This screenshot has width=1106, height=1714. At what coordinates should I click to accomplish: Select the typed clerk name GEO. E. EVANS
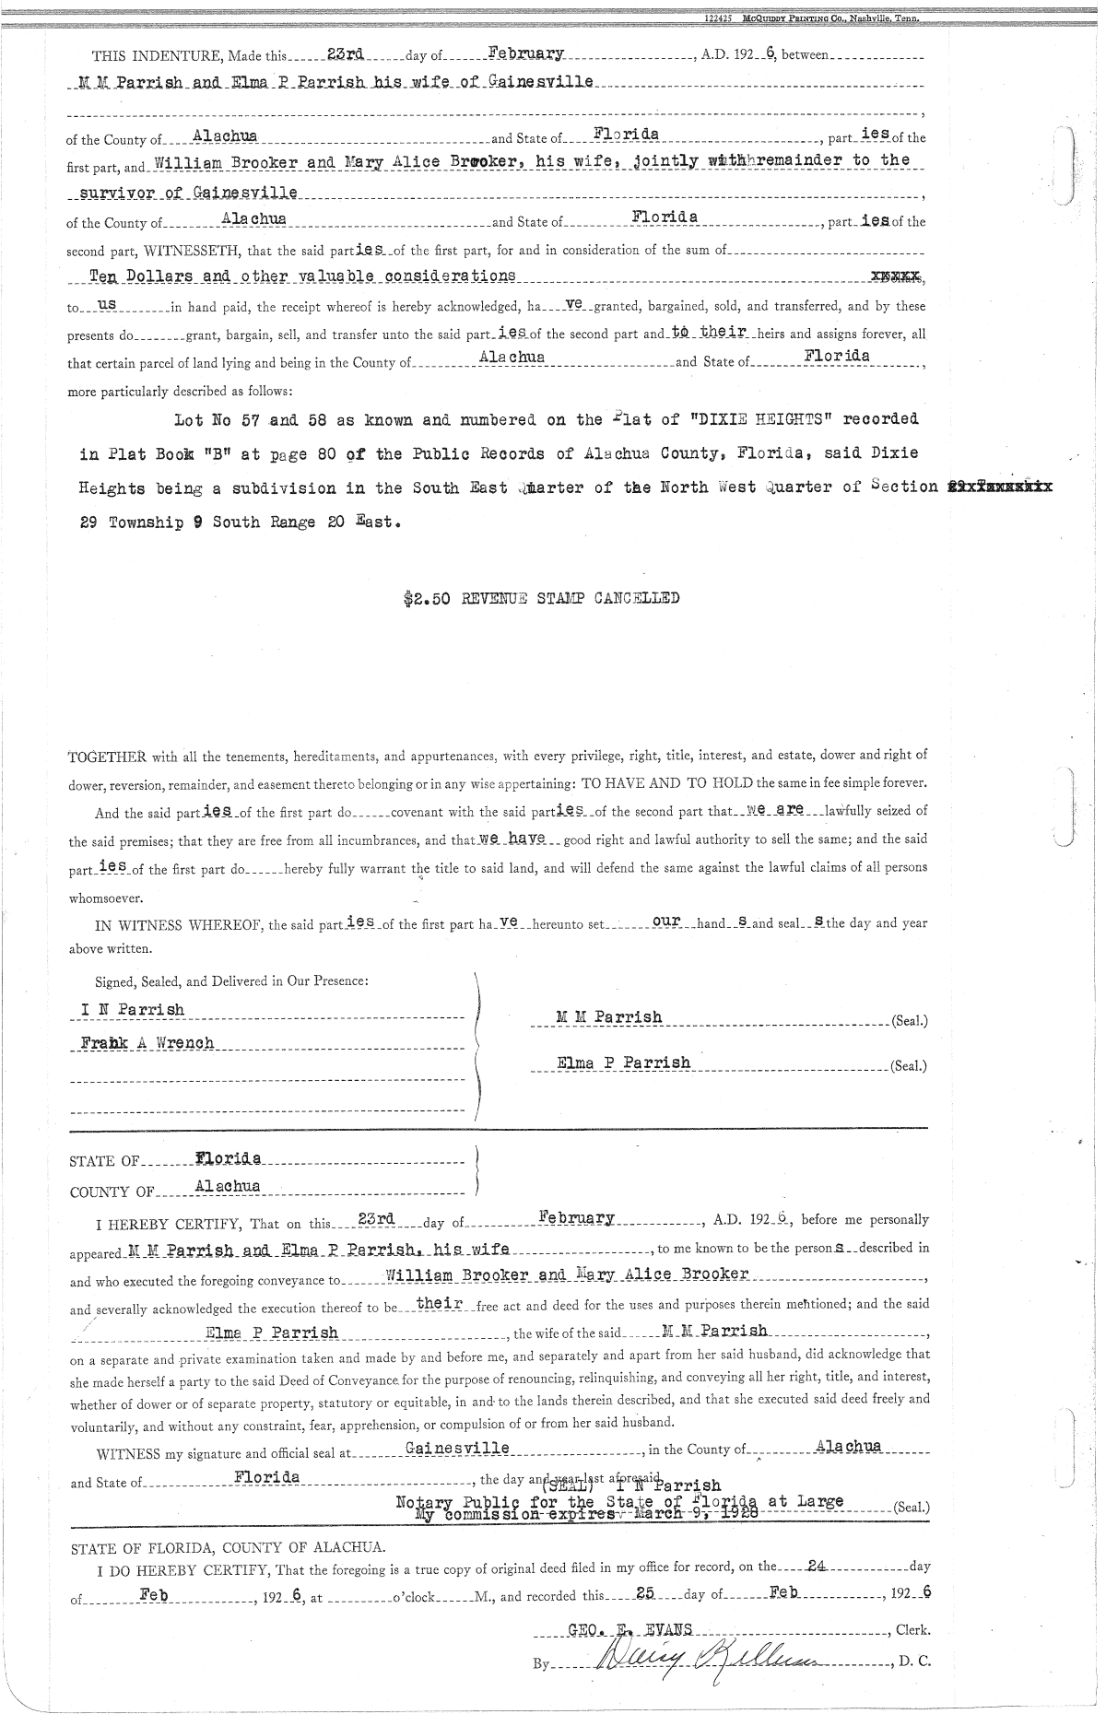pos(630,1628)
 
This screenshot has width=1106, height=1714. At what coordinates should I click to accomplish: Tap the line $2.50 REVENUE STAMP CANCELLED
pos(541,597)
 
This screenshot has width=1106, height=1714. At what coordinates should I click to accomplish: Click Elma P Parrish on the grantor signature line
pos(624,1062)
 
